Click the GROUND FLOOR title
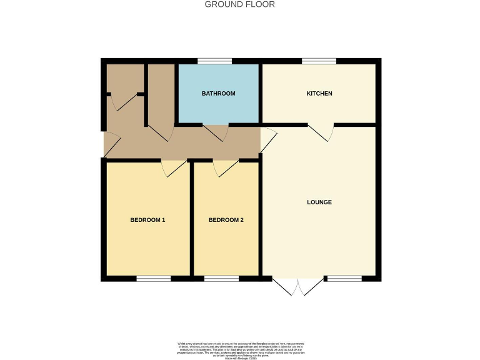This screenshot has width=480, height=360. coord(240,4)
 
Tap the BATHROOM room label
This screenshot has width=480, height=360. coord(218,94)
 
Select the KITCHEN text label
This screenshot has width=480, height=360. coord(319,94)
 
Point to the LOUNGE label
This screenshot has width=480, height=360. coord(319,202)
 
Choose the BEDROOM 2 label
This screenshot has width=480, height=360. coord(226,220)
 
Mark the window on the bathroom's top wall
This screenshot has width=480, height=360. coord(214,61)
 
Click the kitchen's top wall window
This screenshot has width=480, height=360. coord(319,61)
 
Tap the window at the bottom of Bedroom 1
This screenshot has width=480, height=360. coord(154,278)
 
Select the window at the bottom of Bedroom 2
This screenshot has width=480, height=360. coord(221,278)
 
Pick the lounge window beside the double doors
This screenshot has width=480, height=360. coord(344,278)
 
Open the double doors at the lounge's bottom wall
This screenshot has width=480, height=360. coord(299,286)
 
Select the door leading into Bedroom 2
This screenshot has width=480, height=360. coord(225,168)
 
